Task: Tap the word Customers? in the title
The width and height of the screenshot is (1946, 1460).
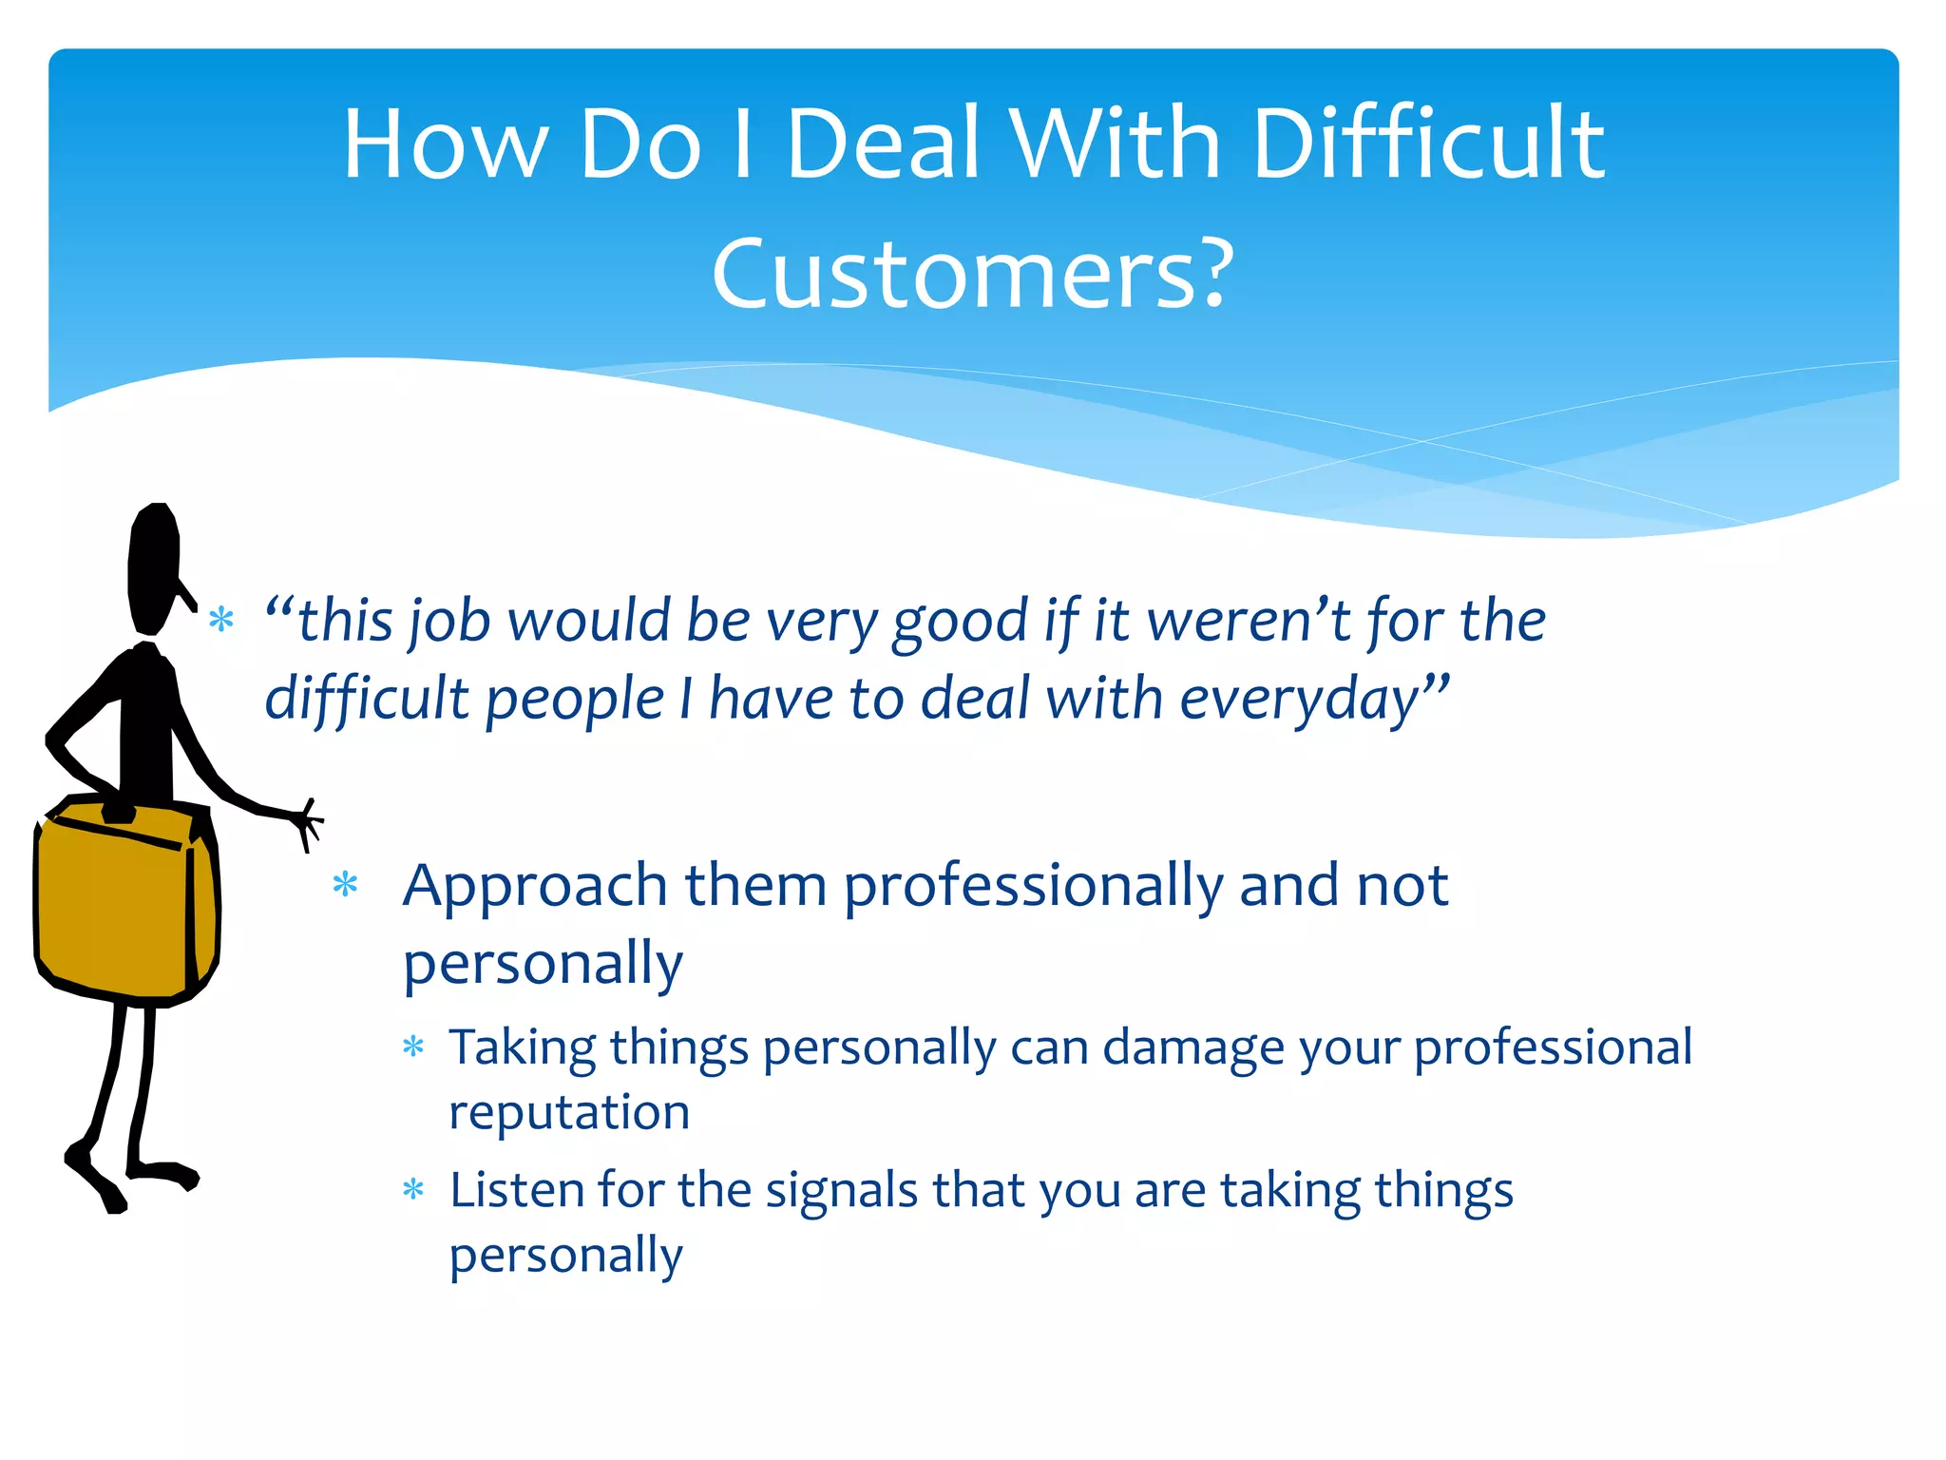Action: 972,276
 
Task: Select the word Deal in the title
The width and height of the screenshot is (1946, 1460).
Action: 883,144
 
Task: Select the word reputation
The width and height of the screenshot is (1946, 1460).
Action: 569,1113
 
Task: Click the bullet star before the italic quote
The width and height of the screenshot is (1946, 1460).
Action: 221,620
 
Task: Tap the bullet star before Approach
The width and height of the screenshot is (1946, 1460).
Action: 345,885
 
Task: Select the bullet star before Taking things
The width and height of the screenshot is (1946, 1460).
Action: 413,1047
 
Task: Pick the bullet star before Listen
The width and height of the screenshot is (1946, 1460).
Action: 413,1189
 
